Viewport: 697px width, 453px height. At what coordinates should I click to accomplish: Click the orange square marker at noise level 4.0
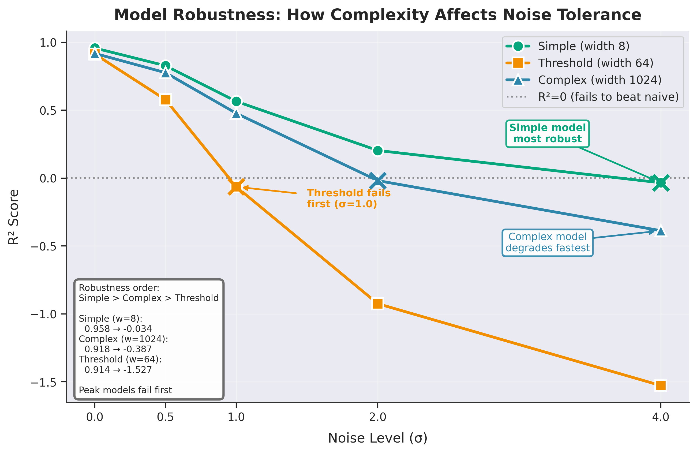pyautogui.click(x=661, y=385)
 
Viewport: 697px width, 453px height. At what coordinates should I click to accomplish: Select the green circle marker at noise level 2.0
pyautogui.click(x=378, y=151)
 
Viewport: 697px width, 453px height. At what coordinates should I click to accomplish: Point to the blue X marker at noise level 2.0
pyautogui.click(x=378, y=181)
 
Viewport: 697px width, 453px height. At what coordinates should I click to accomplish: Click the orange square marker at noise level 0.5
pyautogui.click(x=166, y=100)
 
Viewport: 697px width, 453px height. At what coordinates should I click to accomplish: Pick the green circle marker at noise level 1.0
pyautogui.click(x=236, y=102)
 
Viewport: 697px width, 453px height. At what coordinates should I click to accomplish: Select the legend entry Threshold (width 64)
pyautogui.click(x=595, y=63)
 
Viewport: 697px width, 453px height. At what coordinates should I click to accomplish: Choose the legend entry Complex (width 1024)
pyautogui.click(x=599, y=80)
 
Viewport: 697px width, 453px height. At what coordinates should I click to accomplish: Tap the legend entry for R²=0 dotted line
pyautogui.click(x=608, y=97)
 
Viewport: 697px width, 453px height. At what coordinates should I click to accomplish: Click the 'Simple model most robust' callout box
pyautogui.click(x=547, y=133)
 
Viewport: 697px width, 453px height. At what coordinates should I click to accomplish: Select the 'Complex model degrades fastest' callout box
pyautogui.click(x=547, y=242)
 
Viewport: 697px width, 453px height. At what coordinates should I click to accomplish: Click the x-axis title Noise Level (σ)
pyautogui.click(x=377, y=438)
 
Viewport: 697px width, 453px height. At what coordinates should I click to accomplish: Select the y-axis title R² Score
pyautogui.click(x=13, y=217)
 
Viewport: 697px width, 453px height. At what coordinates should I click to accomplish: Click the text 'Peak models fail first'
pyautogui.click(x=125, y=390)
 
